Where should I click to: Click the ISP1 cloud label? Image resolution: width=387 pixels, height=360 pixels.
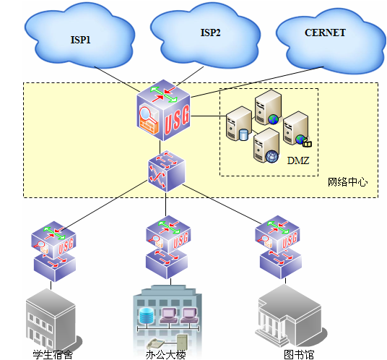[79, 40]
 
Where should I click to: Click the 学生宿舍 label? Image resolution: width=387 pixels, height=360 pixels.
[53, 354]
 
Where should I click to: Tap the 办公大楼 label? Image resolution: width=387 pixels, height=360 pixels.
[166, 354]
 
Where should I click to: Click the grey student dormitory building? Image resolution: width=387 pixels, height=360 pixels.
[51, 318]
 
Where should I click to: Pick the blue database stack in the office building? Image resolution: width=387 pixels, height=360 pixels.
[147, 315]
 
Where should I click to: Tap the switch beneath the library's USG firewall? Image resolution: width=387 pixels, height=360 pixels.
[278, 263]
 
